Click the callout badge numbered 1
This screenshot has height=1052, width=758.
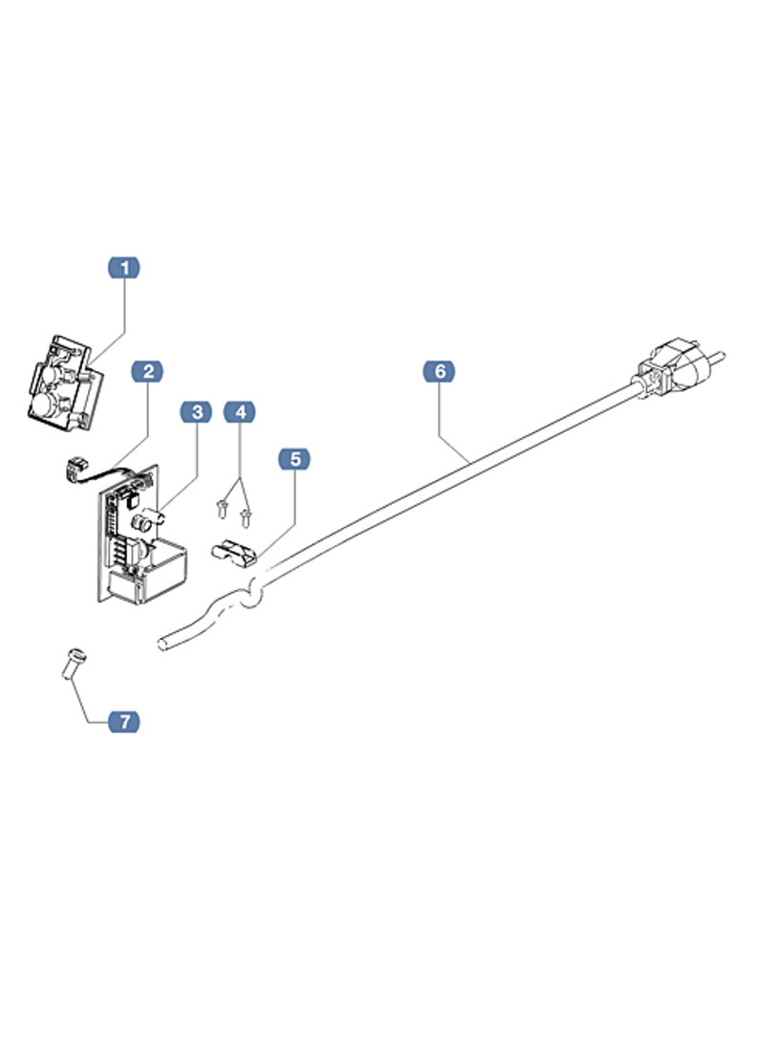[123, 268]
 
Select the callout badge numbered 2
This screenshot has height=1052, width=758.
[147, 371]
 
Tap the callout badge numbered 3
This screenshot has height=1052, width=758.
[197, 412]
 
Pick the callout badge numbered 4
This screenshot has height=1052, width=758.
[240, 412]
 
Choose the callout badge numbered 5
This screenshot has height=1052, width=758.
[294, 460]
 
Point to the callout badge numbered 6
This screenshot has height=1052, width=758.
[440, 371]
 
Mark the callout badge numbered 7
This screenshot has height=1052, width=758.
[122, 721]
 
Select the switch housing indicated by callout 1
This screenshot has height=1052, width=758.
[61, 383]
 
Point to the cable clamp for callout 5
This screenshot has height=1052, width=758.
[232, 552]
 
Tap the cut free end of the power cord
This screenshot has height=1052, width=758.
[163, 642]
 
